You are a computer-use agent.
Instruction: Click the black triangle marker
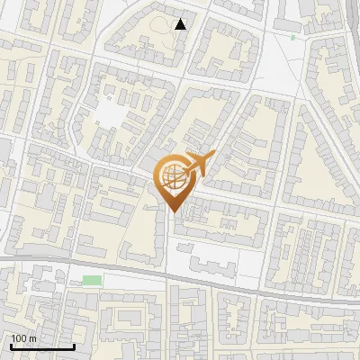pyautogui.click(x=181, y=24)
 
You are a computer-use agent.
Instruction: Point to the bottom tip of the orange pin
pyautogui.click(x=173, y=212)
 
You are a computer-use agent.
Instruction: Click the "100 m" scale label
pyautogui.click(x=23, y=338)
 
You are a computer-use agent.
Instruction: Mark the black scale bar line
pyautogui.click(x=42, y=346)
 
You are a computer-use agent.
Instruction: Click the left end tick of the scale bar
pyautogui.click(x=11, y=345)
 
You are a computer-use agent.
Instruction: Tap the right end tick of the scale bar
pyautogui.click(x=74, y=345)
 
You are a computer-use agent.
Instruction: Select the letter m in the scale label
pyautogui.click(x=32, y=338)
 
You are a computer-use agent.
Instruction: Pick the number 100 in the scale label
pyautogui.click(x=19, y=338)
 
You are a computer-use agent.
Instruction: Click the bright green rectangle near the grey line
pyautogui.click(x=92, y=281)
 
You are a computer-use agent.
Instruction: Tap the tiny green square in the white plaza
pyautogui.click(x=293, y=38)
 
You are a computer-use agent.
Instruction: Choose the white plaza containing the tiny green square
pyautogui.click(x=283, y=54)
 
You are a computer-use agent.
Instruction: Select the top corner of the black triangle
pyautogui.click(x=181, y=19)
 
